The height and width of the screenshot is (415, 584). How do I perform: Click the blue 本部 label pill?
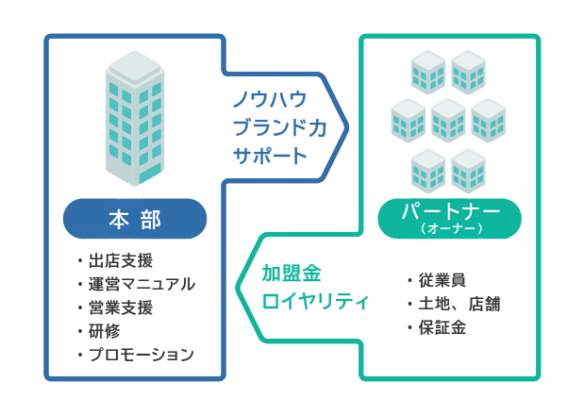pyautogui.click(x=135, y=220)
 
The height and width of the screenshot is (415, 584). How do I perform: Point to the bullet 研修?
pyautogui.click(x=106, y=331)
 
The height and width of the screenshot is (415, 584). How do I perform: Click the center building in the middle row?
pyautogui.click(x=448, y=121)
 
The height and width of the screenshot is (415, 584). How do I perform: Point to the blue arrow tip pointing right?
pyautogui.click(x=344, y=124)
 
